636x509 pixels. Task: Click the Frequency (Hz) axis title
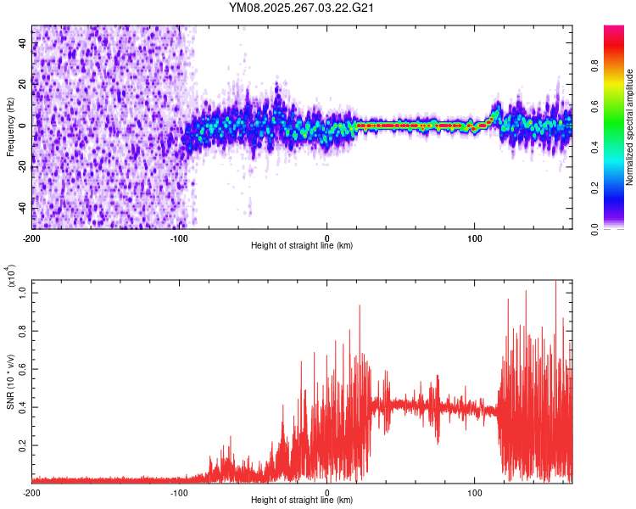(10, 126)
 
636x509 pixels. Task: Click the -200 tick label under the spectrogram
(31, 237)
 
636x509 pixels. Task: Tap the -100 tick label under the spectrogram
(179, 237)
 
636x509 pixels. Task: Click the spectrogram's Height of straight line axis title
(302, 246)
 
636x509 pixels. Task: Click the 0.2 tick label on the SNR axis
(23, 445)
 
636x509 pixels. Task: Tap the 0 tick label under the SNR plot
(327, 492)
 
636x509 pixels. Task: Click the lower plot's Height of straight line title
(302, 501)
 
